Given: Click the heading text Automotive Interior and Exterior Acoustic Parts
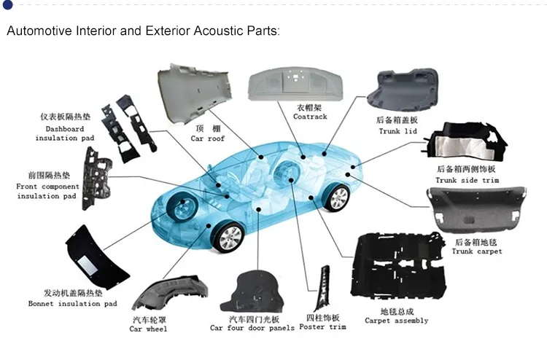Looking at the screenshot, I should (142, 32).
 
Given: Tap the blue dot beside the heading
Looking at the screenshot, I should (7, 6).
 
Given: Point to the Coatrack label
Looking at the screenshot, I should (310, 117).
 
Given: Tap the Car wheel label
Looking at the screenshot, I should (149, 329).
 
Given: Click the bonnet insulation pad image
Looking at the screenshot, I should (95, 255).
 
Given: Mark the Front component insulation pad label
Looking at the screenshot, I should (47, 192).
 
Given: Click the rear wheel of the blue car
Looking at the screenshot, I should (336, 197).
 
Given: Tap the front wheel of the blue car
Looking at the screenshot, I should (228, 238).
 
